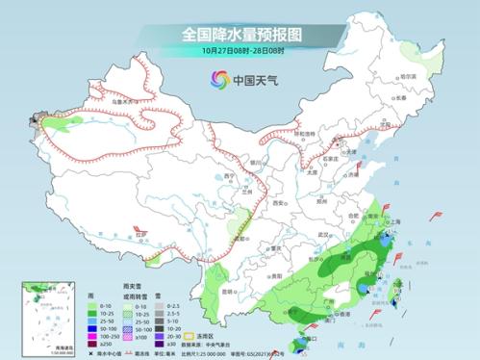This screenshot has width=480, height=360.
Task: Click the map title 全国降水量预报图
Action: (x=240, y=34)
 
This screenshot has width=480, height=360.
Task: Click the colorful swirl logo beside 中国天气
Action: (x=215, y=80)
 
